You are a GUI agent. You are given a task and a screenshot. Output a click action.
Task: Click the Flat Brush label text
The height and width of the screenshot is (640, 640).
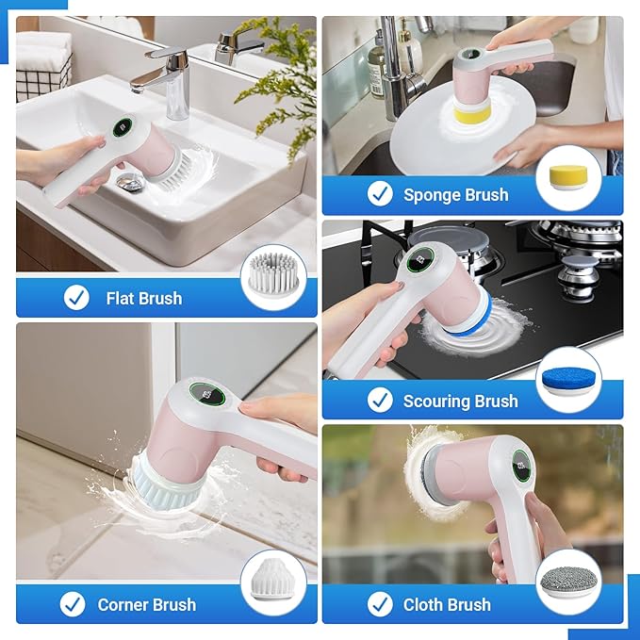(x=143, y=298)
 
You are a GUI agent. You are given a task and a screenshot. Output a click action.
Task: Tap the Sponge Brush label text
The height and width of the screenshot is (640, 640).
(x=455, y=195)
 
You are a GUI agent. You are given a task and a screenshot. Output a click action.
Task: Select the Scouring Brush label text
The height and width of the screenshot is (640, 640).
(x=460, y=401)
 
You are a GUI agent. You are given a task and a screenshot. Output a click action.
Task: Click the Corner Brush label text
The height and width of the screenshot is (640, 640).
(x=146, y=604)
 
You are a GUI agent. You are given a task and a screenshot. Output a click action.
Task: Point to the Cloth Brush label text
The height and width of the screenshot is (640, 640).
(x=447, y=604)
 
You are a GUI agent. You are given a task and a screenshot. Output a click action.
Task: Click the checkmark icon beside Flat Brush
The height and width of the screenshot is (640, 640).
(x=76, y=298)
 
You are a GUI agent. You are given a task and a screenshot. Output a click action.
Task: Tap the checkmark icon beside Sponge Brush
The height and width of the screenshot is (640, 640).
(x=380, y=194)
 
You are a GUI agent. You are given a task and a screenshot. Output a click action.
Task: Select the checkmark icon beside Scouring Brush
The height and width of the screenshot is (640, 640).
(x=380, y=401)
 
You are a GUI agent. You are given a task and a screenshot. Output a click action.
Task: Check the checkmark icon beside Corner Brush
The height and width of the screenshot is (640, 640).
(x=73, y=604)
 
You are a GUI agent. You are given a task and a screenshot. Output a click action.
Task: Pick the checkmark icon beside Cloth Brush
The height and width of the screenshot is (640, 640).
(x=380, y=604)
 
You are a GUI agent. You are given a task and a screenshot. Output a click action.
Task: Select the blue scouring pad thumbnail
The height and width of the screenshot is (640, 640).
(x=568, y=379)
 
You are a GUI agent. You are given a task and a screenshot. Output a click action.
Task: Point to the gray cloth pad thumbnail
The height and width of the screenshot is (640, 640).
(x=568, y=583)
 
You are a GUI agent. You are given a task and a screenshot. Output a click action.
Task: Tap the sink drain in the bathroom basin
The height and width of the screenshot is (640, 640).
(x=133, y=185)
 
